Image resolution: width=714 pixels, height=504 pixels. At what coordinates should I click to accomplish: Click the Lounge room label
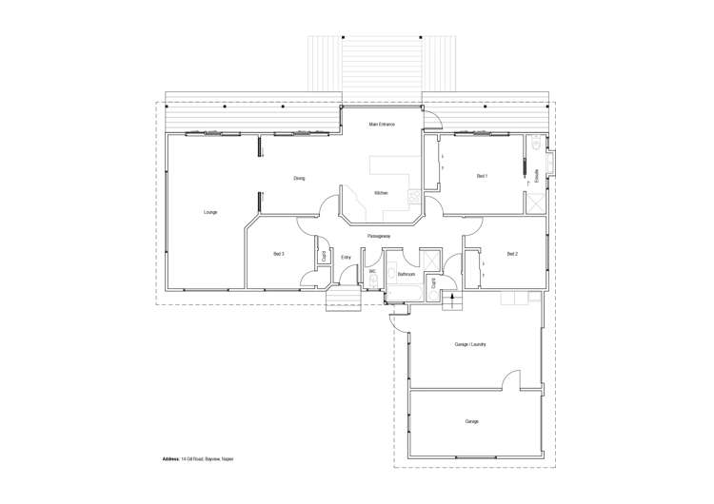coord(210,212)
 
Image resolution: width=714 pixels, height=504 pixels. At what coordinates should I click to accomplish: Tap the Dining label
coord(299,178)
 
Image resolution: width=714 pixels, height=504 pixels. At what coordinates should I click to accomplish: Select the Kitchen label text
coord(381,193)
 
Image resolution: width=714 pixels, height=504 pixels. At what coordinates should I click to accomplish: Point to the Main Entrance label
coord(382,125)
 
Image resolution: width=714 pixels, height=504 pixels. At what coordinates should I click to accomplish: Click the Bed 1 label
coord(482,176)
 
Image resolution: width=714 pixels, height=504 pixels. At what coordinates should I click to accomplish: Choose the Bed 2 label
coord(512,254)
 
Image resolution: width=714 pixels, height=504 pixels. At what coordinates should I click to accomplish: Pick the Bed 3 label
coord(279,254)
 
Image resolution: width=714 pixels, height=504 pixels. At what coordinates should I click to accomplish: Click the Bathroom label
coord(407,274)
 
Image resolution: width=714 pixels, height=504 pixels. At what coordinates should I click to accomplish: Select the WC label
coord(373,271)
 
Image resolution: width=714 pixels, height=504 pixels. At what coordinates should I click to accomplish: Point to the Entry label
coord(346,257)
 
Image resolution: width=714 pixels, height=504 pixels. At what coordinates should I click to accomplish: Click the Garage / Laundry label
coord(471,344)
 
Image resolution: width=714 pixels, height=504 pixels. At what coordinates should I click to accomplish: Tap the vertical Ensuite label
coord(538,176)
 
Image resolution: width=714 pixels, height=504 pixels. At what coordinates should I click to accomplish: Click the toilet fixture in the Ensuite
coord(537,145)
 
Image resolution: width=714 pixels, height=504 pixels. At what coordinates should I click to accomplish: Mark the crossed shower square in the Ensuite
coord(537,202)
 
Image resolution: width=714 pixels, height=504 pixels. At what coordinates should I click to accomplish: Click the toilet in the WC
coord(373,281)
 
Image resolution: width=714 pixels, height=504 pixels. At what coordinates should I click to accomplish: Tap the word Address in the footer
coord(172,458)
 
